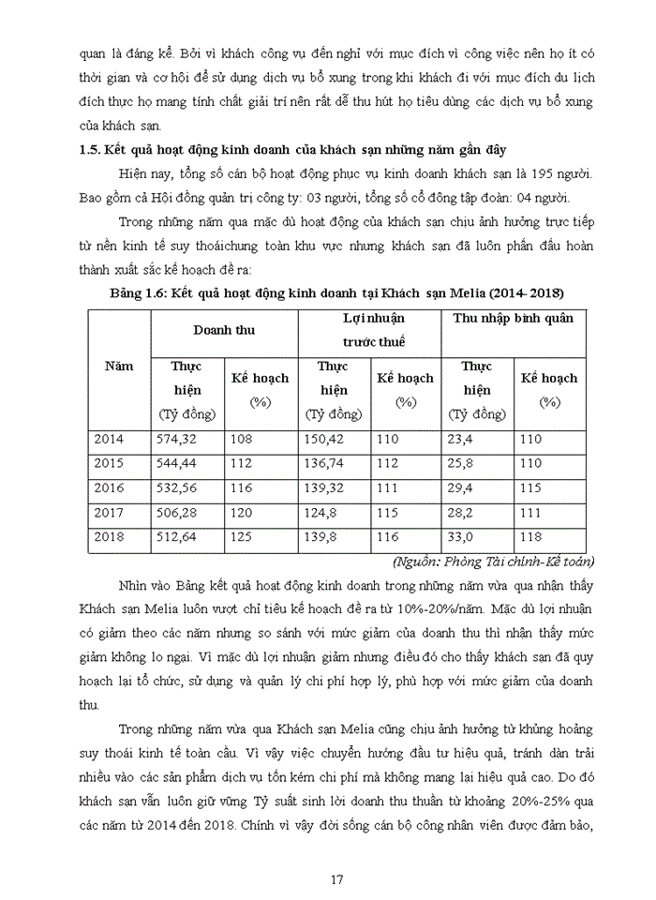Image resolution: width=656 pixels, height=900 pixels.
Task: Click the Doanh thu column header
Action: click(x=223, y=331)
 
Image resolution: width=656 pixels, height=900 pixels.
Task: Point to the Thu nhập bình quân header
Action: click(x=513, y=319)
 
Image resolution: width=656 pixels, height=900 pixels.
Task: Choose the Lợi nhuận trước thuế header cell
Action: click(x=368, y=331)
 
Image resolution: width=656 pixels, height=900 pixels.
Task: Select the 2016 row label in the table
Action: click(x=109, y=488)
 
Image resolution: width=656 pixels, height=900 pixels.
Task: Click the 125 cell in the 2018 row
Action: click(x=241, y=537)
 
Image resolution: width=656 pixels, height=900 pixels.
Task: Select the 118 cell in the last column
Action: click(x=531, y=537)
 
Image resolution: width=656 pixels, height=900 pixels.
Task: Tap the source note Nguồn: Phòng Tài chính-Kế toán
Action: click(x=488, y=561)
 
